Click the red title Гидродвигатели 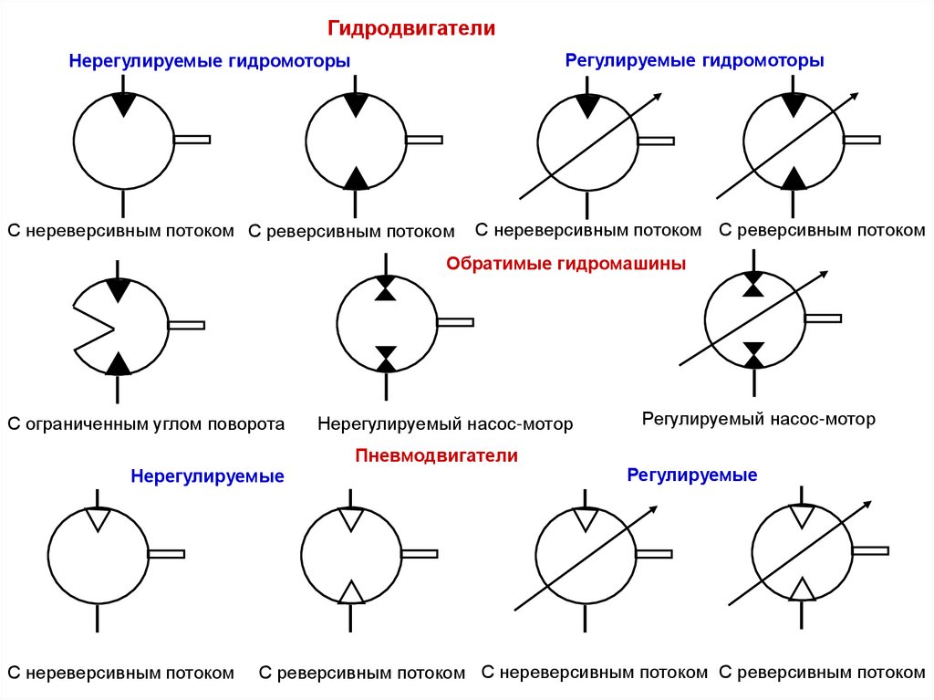[411, 29]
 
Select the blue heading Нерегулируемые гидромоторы [210, 61]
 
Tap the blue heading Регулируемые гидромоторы [695, 60]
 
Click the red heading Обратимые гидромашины [566, 264]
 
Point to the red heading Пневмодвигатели [437, 454]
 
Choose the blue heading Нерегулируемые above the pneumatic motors [207, 476]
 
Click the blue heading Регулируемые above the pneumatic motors [691, 475]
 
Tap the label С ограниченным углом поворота [147, 423]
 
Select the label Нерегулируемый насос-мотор [445, 423]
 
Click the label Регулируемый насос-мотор [759, 419]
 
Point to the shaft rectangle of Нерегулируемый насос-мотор [455, 321]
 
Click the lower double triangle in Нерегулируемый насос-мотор [387, 358]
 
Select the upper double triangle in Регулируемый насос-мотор [753, 284]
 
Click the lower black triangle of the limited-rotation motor [118, 363]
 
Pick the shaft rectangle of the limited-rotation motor [186, 325]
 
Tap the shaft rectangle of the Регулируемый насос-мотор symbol [823, 318]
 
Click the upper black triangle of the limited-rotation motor [118, 288]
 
